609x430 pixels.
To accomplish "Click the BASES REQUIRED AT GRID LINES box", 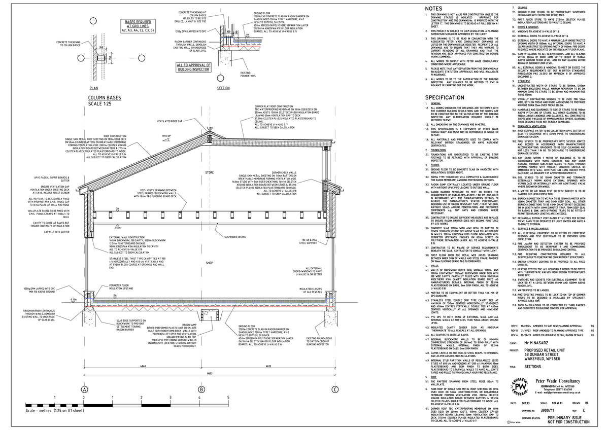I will (x=138, y=26).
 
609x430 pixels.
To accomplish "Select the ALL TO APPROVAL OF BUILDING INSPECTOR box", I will (x=190, y=66).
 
